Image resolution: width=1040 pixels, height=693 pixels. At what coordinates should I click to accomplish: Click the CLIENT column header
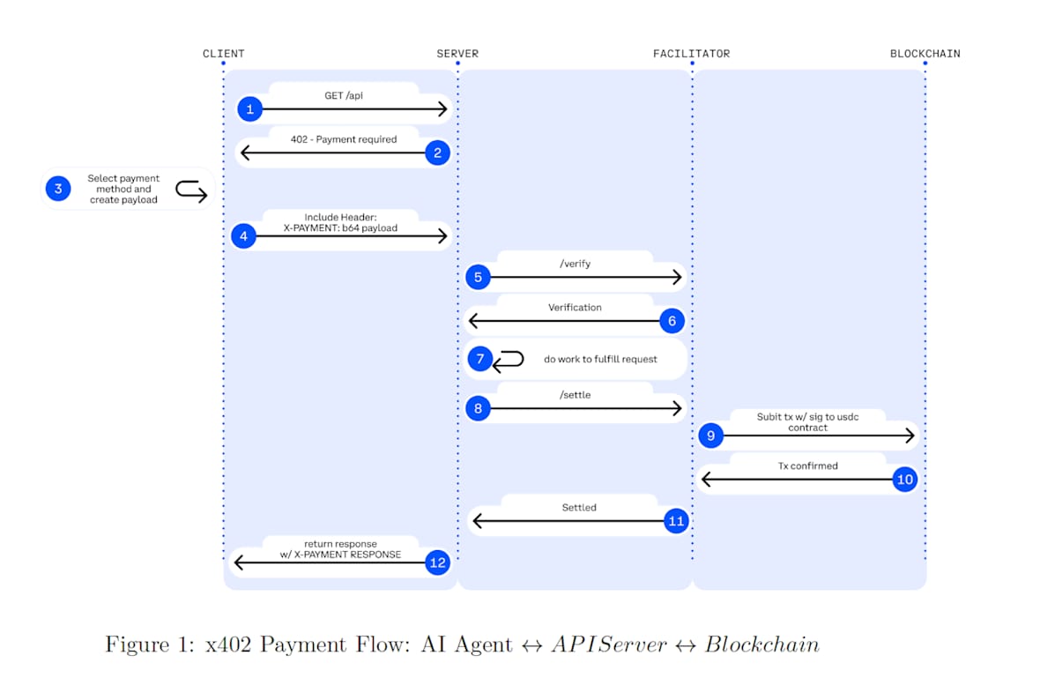[x=223, y=54]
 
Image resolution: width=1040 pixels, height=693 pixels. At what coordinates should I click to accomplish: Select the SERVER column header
[x=457, y=54]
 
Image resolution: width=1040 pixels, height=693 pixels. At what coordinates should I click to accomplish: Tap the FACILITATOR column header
[x=691, y=54]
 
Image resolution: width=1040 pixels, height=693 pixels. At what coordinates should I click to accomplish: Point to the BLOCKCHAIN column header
[x=925, y=54]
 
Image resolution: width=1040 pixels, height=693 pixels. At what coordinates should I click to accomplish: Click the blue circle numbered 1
[x=249, y=109]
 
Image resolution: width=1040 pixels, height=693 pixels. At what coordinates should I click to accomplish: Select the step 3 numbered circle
[x=58, y=189]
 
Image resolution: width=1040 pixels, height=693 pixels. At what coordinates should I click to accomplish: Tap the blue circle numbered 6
[x=672, y=321]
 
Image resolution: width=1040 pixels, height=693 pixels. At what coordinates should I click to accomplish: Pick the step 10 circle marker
[x=904, y=480]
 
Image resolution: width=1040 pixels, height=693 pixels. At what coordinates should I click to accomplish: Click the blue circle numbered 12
[x=438, y=563]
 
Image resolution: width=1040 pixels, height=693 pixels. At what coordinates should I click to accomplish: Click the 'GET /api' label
[x=344, y=95]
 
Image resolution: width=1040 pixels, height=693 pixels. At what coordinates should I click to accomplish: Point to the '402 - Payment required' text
[x=344, y=139]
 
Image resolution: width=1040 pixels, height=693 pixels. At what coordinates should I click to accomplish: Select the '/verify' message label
[x=575, y=264]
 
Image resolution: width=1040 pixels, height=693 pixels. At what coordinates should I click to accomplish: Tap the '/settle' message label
[x=575, y=395]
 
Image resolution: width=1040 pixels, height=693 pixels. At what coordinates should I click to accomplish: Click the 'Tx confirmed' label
[x=807, y=466]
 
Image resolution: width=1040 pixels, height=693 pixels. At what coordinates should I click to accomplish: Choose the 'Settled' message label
[x=579, y=508]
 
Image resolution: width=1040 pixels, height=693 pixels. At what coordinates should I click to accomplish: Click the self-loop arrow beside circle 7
[x=509, y=360]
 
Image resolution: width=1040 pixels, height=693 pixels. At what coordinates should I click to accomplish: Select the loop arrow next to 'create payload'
[x=191, y=190]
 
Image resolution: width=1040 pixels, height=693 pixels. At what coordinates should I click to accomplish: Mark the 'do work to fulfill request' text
[x=600, y=360]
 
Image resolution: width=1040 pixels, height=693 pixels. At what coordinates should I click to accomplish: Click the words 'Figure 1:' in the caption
[x=150, y=645]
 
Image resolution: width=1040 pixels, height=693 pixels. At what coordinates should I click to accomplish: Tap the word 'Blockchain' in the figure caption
[x=761, y=645]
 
